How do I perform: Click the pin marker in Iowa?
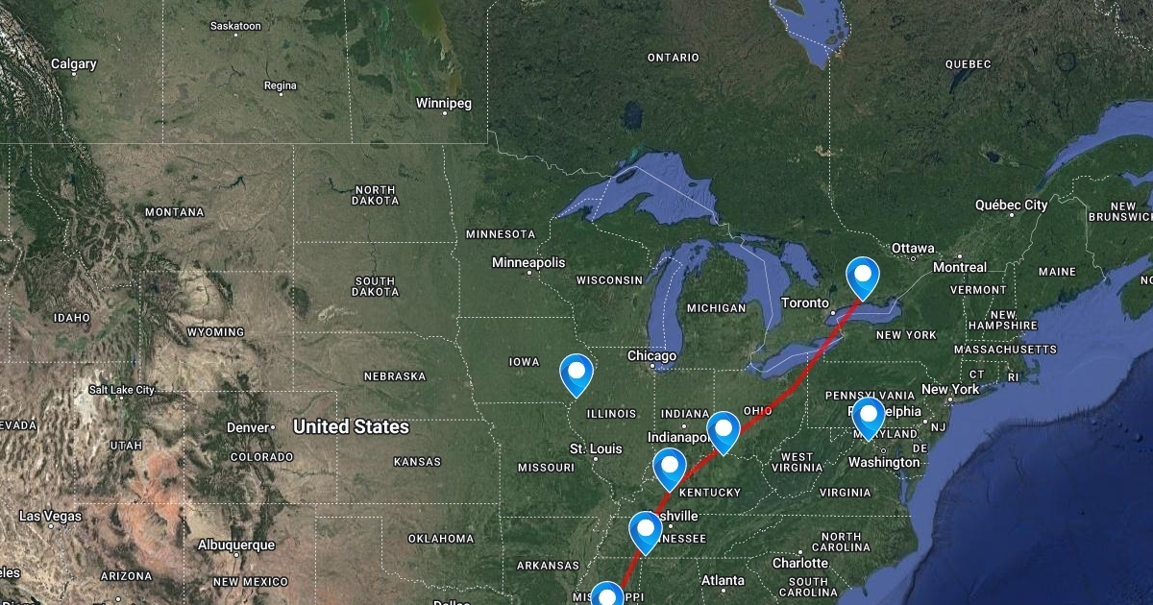click(x=576, y=373)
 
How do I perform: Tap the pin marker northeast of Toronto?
click(x=863, y=277)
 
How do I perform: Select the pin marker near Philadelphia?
click(x=869, y=417)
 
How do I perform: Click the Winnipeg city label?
click(x=444, y=103)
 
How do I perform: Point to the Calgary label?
click(x=74, y=64)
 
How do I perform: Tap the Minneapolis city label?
click(x=528, y=262)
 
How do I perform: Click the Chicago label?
click(x=652, y=356)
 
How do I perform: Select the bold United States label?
click(x=351, y=426)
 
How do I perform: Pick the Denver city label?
click(x=247, y=427)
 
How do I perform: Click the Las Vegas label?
click(x=51, y=517)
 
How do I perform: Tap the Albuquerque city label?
click(x=235, y=544)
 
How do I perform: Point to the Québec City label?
click(x=1011, y=206)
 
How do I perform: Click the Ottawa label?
click(x=913, y=249)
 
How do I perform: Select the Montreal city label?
click(x=959, y=267)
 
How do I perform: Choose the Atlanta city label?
click(x=723, y=580)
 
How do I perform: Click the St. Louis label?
click(x=596, y=448)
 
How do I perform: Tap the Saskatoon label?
click(x=235, y=26)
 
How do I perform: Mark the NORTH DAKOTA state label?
click(x=375, y=196)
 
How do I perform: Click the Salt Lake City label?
click(x=122, y=390)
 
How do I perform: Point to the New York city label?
click(x=949, y=389)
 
